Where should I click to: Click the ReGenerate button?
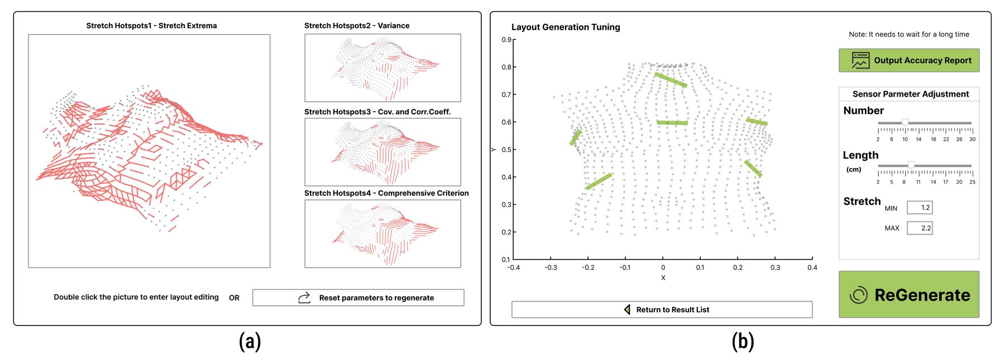click(909, 294)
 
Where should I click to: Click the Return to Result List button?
click(662, 310)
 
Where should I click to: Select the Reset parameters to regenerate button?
click(358, 297)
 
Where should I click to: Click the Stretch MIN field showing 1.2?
click(920, 208)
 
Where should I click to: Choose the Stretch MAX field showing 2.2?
click(920, 228)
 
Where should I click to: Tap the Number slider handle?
click(905, 122)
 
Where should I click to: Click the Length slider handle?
click(911, 165)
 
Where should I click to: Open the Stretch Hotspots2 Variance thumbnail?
click(382, 68)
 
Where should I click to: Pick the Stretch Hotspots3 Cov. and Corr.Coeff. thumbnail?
click(382, 152)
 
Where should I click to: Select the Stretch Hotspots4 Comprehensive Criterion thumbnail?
click(382, 234)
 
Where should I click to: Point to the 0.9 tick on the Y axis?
click(506, 40)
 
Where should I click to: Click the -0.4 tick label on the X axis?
click(513, 267)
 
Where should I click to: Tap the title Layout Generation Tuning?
click(566, 27)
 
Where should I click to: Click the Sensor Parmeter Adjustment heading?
click(911, 94)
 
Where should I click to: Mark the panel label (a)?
click(250, 341)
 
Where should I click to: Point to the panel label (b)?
click(743, 341)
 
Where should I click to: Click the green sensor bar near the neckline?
click(671, 80)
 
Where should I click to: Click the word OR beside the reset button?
click(234, 298)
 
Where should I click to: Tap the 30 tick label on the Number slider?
click(973, 139)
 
